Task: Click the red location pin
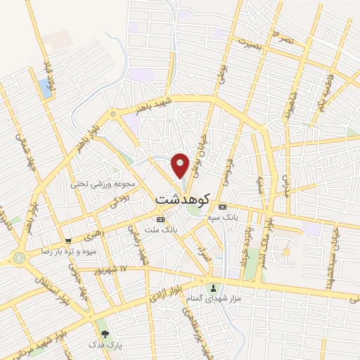click(181, 165)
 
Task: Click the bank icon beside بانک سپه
click(222, 207)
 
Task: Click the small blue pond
click(46, 87)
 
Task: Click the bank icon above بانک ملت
click(161, 220)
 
